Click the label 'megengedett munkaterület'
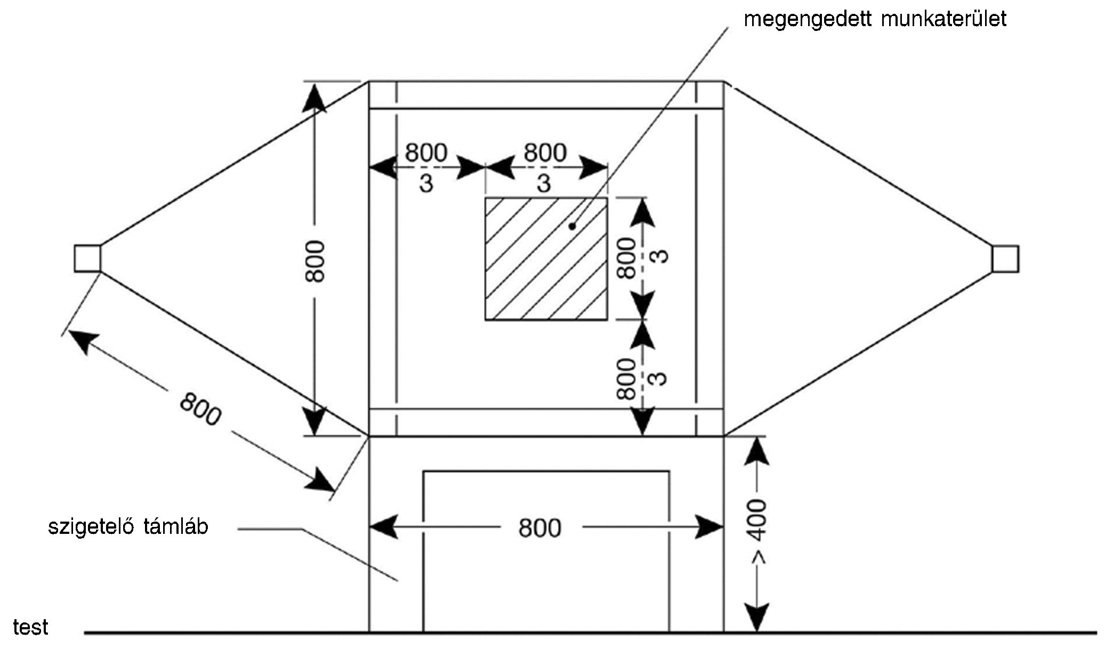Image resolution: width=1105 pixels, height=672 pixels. (x=875, y=19)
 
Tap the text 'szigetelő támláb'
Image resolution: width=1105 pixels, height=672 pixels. (x=128, y=527)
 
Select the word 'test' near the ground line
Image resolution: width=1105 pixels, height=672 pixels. (x=30, y=627)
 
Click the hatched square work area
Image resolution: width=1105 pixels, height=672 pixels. (x=545, y=259)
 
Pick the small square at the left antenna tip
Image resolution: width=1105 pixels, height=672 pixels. (x=87, y=259)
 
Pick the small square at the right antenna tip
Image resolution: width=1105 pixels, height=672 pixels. (x=1005, y=259)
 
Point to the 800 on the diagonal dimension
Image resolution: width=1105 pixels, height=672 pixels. (x=200, y=409)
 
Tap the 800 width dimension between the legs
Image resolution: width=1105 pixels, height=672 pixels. (x=539, y=528)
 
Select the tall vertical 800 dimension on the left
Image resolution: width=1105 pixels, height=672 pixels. (x=315, y=261)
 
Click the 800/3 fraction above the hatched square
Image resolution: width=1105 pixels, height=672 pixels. (x=544, y=167)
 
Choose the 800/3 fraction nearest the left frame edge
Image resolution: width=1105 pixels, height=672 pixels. (x=426, y=167)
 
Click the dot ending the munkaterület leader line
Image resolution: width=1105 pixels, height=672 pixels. (x=572, y=226)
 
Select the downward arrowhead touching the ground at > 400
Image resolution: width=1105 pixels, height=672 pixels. (x=757, y=619)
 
